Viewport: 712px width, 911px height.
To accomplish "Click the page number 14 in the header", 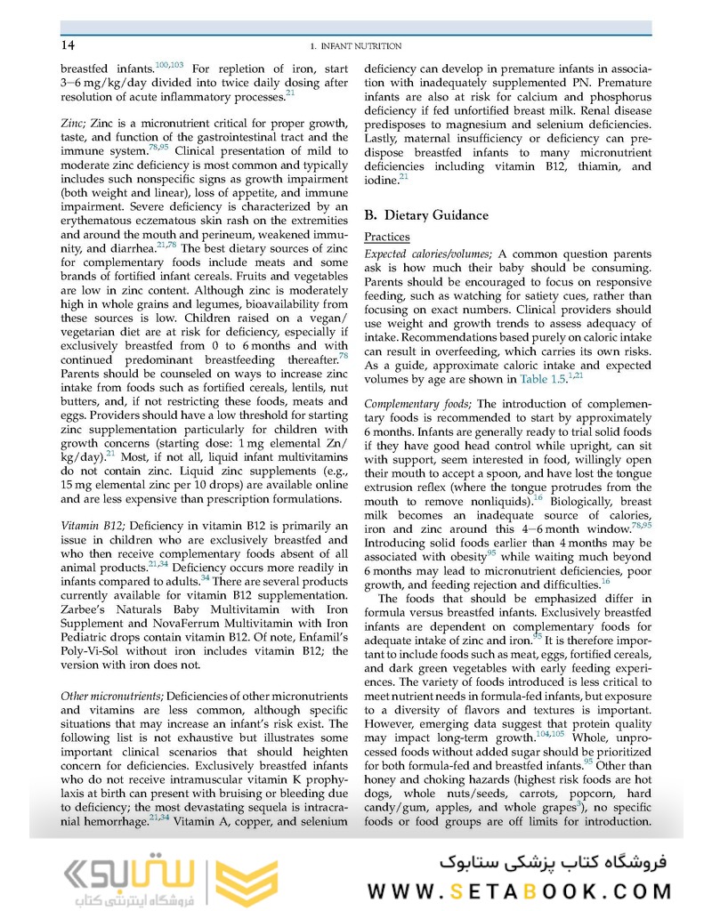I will click(x=68, y=45).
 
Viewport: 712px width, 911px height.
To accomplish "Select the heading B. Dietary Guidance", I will click(x=426, y=214).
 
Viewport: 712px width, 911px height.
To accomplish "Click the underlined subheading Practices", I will click(x=387, y=238).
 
